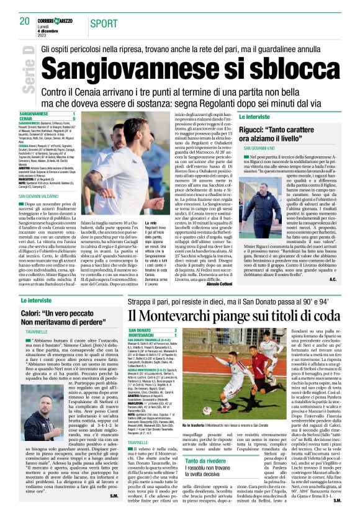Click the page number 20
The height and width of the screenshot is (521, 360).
[25, 22]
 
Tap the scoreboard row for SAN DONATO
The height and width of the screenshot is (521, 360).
[152, 329]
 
